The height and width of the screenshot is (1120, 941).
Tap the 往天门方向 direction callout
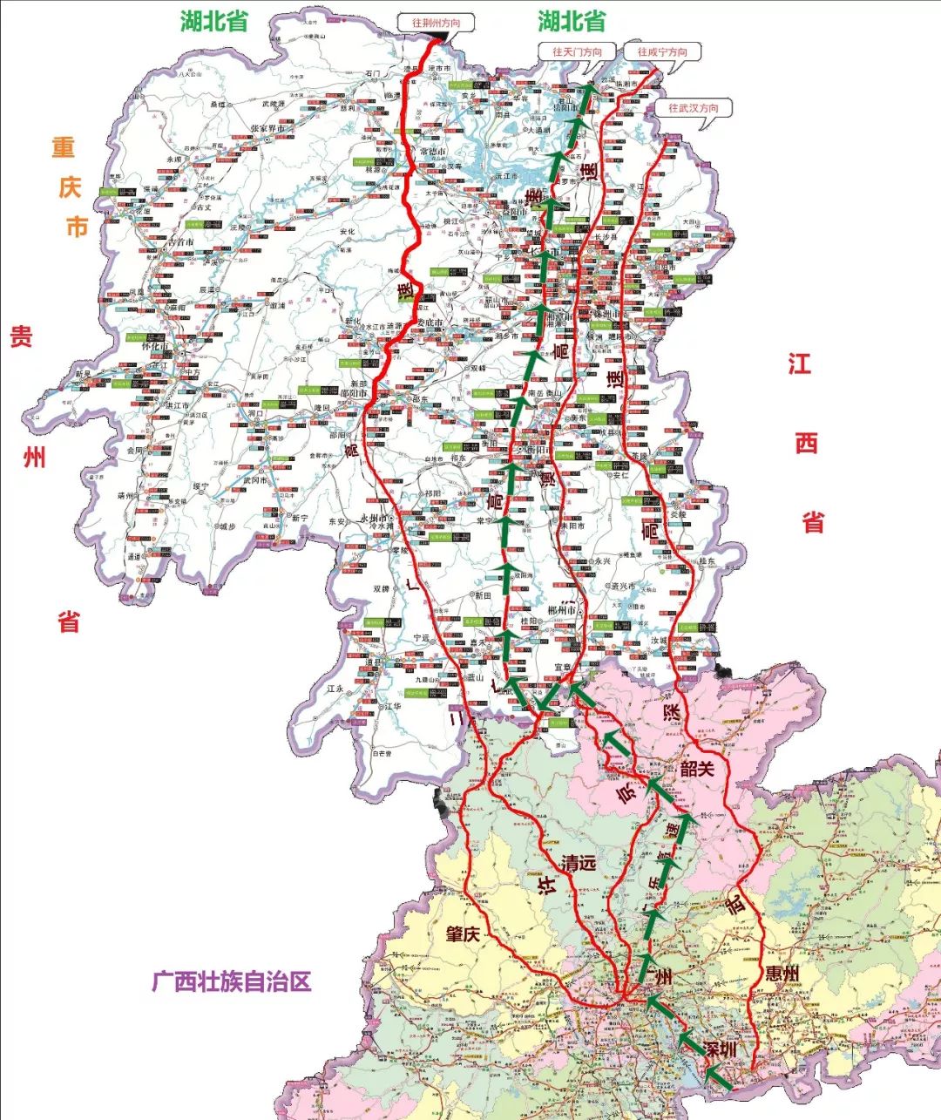[577, 51]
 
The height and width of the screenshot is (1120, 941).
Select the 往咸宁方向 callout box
[662, 51]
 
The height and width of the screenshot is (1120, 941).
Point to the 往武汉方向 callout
[694, 108]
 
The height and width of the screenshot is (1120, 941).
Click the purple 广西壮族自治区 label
[231, 982]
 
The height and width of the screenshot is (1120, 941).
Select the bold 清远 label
[579, 864]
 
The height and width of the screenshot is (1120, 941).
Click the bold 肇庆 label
[463, 934]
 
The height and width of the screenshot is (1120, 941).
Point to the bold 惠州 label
[780, 973]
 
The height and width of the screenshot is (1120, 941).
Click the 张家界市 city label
[269, 128]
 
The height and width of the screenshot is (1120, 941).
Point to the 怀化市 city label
[158, 346]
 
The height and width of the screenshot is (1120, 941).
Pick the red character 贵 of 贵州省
[22, 336]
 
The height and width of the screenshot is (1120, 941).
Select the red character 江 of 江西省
[800, 363]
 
